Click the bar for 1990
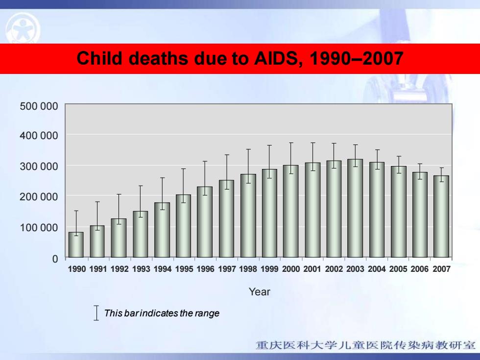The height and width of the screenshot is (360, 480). tap(76, 244)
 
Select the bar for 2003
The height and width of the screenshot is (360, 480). tap(355, 208)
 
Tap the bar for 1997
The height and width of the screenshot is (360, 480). tap(226, 218)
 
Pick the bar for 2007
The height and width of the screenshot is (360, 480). tap(441, 216)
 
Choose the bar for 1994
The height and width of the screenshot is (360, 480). tap(162, 230)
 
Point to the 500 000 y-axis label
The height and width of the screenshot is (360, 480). tap(39, 106)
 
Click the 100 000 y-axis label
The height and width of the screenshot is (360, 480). tap(39, 227)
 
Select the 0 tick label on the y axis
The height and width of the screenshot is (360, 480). tap(55, 259)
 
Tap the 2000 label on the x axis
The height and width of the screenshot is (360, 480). tap(291, 269)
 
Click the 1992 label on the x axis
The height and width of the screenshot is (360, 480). tap(120, 269)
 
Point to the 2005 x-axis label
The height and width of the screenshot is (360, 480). tap(398, 269)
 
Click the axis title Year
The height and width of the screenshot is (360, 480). tap(260, 292)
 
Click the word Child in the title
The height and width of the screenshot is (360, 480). tap(99, 58)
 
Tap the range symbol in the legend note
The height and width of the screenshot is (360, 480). tap(96, 313)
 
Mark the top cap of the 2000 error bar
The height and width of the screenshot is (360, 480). tap(291, 143)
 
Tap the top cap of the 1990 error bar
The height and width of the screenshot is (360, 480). tap(76, 211)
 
